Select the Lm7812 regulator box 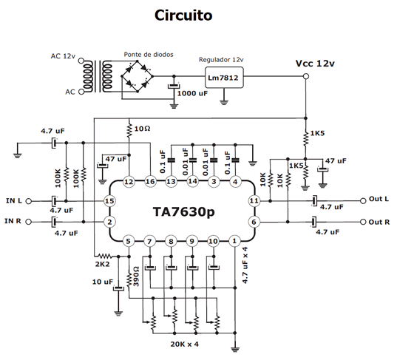pos(225,75)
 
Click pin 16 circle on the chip pos(150,181)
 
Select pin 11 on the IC pos(254,201)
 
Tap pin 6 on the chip pos(254,222)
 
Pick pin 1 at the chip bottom pos(234,241)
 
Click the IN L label pos(16,201)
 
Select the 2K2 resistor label pos(102,262)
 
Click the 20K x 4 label pos(183,344)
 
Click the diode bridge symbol pos(140,75)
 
